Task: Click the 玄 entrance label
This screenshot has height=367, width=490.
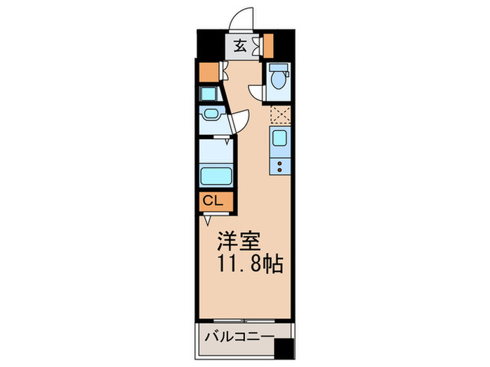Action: [239, 46]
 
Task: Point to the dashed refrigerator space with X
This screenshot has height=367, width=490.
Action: [281, 115]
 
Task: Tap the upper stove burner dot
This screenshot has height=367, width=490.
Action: [280, 163]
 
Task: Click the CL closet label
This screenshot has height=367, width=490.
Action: [212, 201]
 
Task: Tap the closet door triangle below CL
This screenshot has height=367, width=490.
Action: [208, 220]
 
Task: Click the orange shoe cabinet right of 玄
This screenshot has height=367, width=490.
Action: [267, 45]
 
